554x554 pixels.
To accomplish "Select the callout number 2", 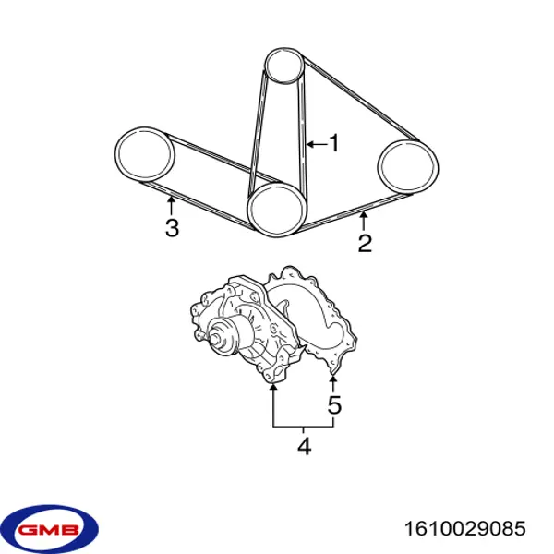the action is click(365, 243).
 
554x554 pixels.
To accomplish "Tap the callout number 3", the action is click(172, 227).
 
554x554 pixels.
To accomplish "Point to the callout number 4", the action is click(304, 446).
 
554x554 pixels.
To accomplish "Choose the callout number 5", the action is click(334, 404).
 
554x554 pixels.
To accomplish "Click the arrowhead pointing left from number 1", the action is click(310, 144).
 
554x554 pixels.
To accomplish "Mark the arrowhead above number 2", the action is click(364, 214).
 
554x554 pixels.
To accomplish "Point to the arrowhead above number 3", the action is click(172, 200).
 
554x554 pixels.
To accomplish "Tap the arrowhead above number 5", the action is click(332, 379).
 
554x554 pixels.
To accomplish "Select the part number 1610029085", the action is click(465, 528).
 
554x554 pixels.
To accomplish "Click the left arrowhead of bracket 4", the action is click(272, 388).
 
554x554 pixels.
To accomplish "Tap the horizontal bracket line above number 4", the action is click(303, 428).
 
